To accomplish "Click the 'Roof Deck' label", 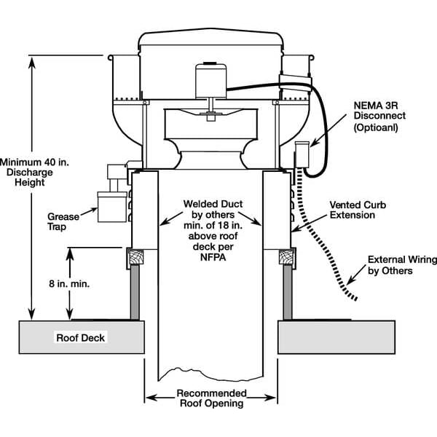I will pos(81,338).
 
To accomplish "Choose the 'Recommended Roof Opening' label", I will pos(211,398).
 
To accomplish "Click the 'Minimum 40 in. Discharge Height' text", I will pos(23,172).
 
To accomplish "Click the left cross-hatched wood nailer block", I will pos(135,256).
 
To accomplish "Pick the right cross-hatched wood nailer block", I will pos(287,256).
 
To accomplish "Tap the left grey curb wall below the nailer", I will pos(135,291).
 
